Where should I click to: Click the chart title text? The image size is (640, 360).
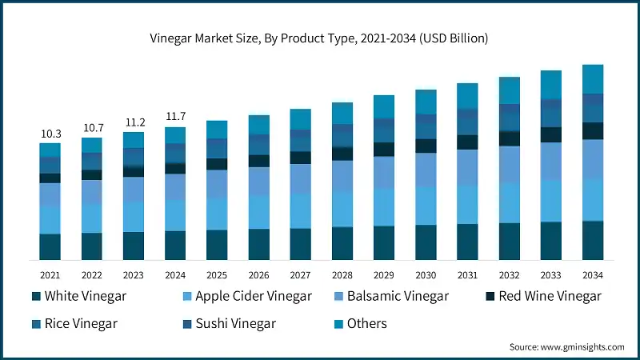tap(320, 38)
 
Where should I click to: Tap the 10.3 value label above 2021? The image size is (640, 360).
tap(50, 134)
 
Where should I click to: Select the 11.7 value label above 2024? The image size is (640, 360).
tap(175, 117)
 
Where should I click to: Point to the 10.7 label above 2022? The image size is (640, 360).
tap(92, 128)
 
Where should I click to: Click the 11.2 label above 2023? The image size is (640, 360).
tap(134, 122)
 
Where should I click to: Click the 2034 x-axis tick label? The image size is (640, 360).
tap(592, 274)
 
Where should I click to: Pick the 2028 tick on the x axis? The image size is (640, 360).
tap(342, 274)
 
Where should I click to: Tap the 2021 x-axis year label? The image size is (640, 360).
tap(50, 274)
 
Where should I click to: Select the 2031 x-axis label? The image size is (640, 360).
tap(466, 274)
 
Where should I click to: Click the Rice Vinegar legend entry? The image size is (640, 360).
tap(74, 323)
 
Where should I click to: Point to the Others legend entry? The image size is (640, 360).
tap(361, 323)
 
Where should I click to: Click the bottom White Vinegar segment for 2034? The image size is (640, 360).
tap(592, 240)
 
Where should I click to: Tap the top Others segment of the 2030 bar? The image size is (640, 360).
tap(425, 102)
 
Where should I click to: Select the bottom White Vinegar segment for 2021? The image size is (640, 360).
tap(50, 246)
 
